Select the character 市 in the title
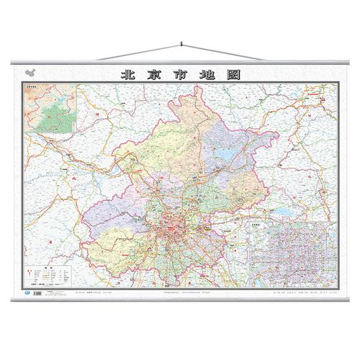(179, 74)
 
